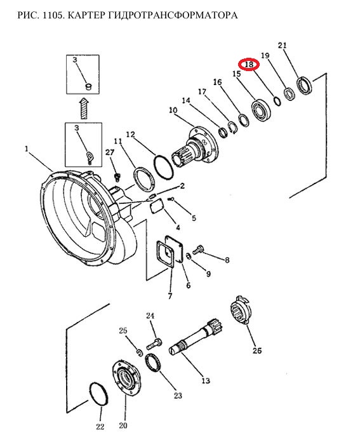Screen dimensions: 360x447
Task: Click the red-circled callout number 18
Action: coord(249,65)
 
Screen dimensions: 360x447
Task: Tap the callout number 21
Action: coord(282,45)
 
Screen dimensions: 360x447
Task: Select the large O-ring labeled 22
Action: coord(99,394)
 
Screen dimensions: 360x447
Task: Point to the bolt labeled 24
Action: coord(154,344)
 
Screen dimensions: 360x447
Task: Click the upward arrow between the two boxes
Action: coord(84,108)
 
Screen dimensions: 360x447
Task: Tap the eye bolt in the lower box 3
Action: coord(90,157)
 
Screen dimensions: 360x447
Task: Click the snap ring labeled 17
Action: coord(232,128)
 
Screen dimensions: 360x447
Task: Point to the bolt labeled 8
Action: coord(197,250)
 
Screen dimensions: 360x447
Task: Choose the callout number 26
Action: coord(257,350)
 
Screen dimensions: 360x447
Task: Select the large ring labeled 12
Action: coord(164,167)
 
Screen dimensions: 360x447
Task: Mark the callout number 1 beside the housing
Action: coord(27,149)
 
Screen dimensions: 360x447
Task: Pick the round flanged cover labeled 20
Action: coord(126,378)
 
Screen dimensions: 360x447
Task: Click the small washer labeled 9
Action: coord(189,256)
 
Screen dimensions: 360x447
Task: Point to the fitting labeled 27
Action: coord(117,177)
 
